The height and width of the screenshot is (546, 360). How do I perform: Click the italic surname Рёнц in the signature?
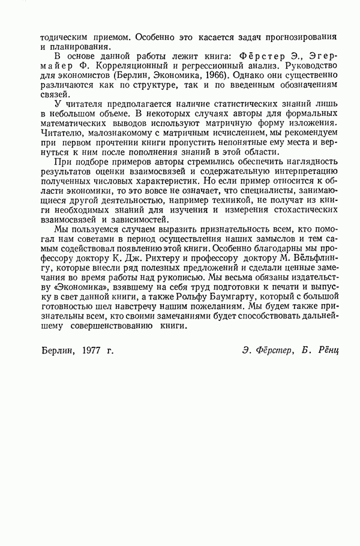[325, 349]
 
